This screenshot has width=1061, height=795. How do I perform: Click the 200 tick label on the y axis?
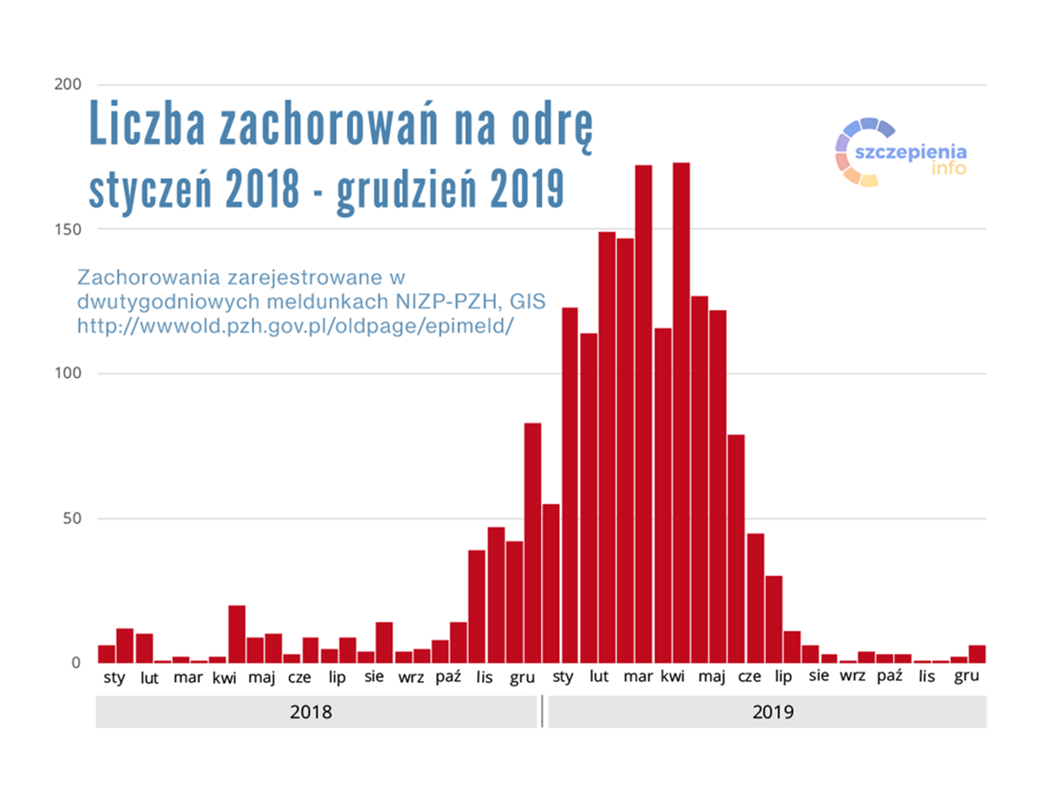point(68,85)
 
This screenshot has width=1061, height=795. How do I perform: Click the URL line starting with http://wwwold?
point(295,325)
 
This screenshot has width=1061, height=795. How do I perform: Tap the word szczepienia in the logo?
point(911,150)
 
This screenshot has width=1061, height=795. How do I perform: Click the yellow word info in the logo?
point(948,168)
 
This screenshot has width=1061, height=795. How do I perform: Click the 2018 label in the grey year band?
point(310,712)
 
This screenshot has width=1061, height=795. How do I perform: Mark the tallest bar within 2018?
point(532,542)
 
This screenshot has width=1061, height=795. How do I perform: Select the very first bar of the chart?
point(106,654)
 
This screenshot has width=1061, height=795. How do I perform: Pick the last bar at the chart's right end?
point(977,654)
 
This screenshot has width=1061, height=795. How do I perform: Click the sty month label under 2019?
point(562,678)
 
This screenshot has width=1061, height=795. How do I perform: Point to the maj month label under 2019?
point(712,678)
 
